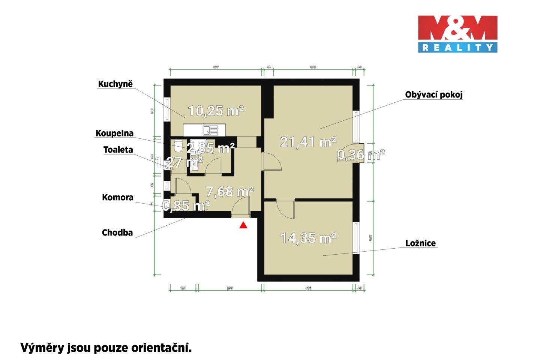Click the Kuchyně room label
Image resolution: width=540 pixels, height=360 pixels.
point(115,84)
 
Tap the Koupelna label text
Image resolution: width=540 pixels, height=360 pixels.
point(114,133)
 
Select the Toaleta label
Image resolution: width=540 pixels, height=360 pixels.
point(118,150)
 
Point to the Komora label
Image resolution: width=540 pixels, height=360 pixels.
point(117,198)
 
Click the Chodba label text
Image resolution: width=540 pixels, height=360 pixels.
point(117,233)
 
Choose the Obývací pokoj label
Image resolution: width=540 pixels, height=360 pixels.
point(433,95)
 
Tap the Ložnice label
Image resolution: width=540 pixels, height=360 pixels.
point(420,243)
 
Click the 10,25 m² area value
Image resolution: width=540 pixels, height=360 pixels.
point(216,111)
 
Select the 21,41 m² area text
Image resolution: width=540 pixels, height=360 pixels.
point(308,142)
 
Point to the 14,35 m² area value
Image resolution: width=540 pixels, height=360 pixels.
point(308,238)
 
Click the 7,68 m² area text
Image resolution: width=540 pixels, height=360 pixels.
point(230,192)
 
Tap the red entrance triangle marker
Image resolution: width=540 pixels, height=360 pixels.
point(243,225)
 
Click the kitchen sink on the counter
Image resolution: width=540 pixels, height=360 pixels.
point(210,130)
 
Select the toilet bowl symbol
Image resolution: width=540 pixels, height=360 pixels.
point(178,145)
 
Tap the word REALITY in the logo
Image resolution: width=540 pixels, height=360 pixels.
point(457,48)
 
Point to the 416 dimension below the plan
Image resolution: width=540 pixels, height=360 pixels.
point(308,288)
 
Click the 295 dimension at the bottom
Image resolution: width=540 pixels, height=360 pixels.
point(230,288)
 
